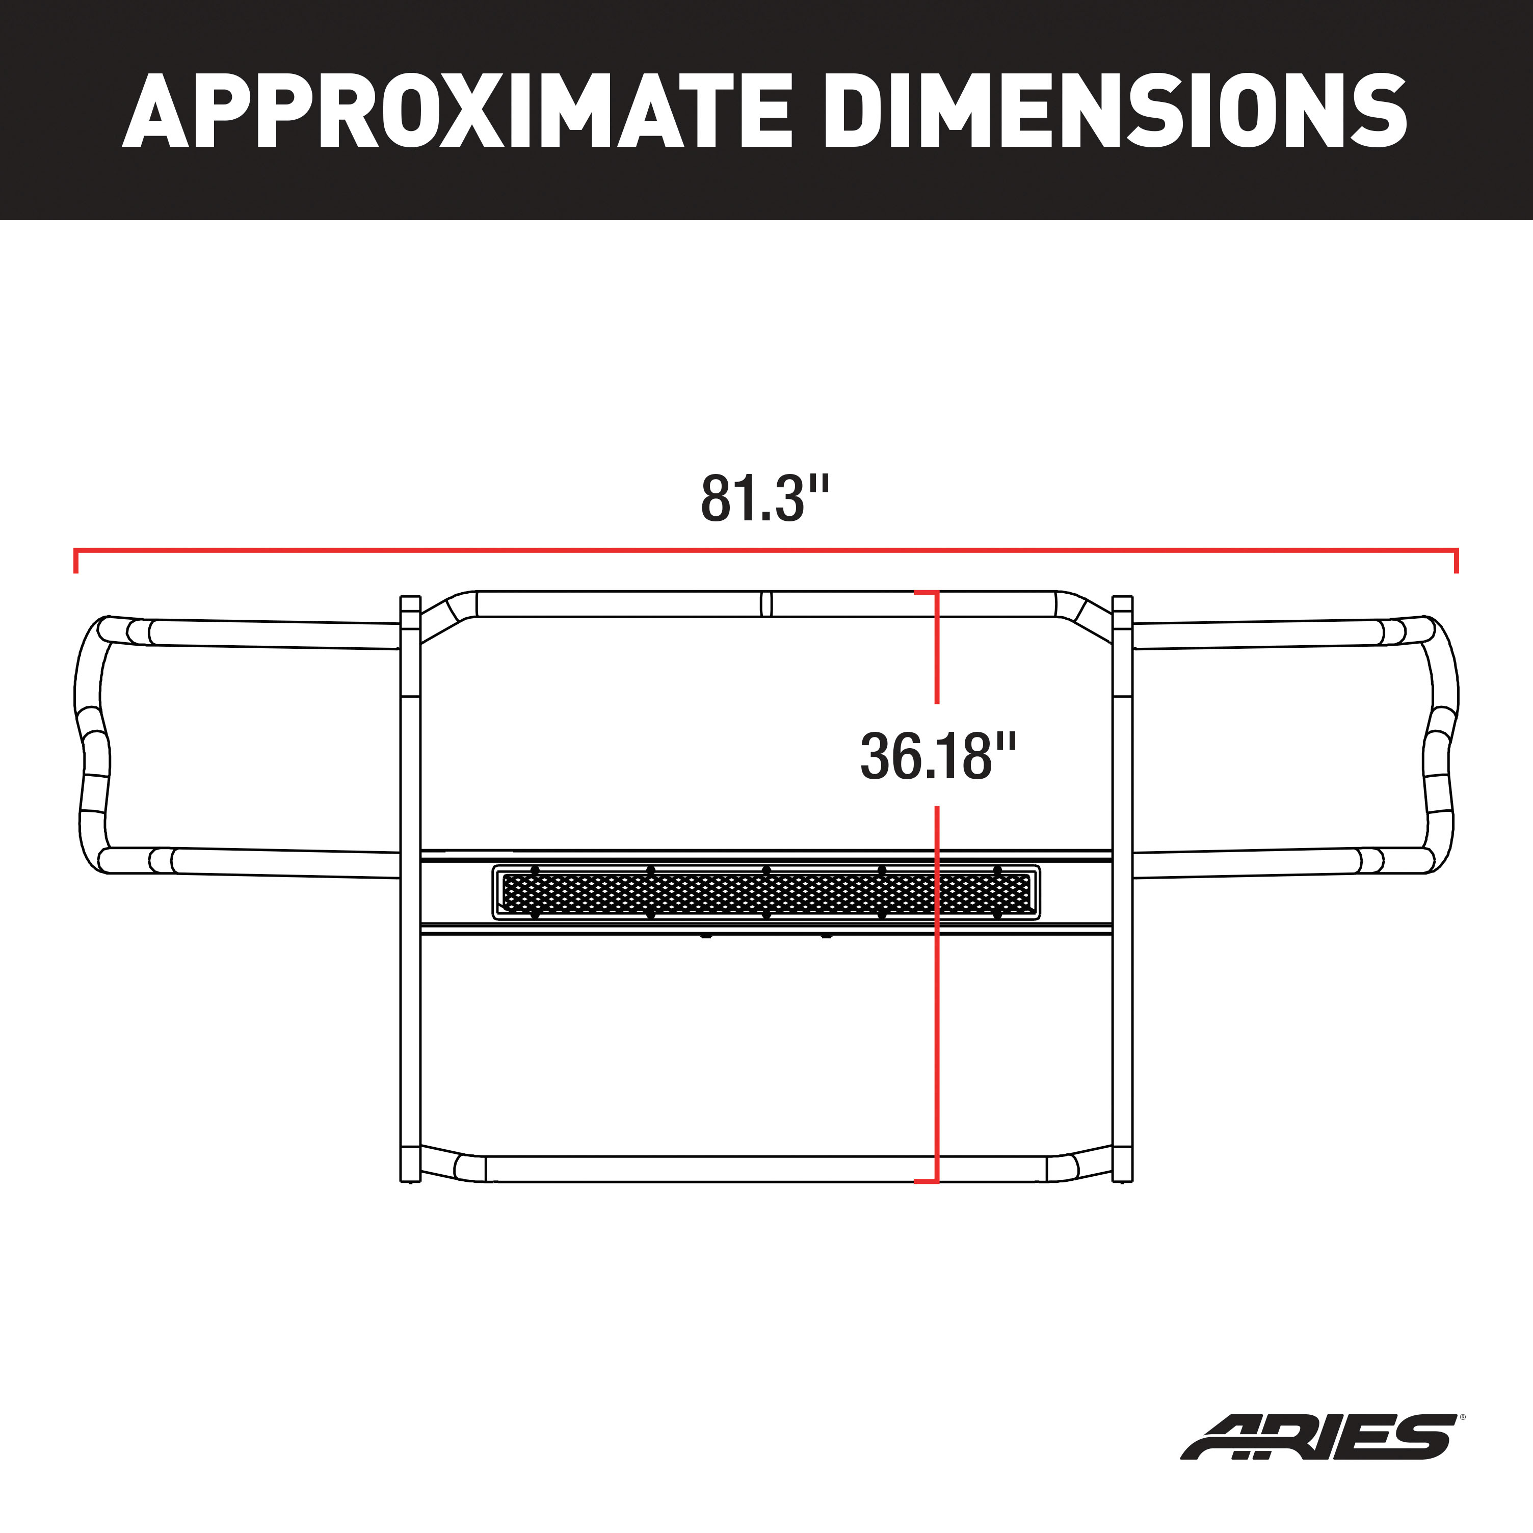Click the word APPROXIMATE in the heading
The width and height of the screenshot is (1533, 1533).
click(456, 111)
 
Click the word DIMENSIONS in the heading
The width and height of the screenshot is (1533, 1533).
click(1114, 111)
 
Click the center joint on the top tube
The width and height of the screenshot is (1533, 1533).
click(765, 604)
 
